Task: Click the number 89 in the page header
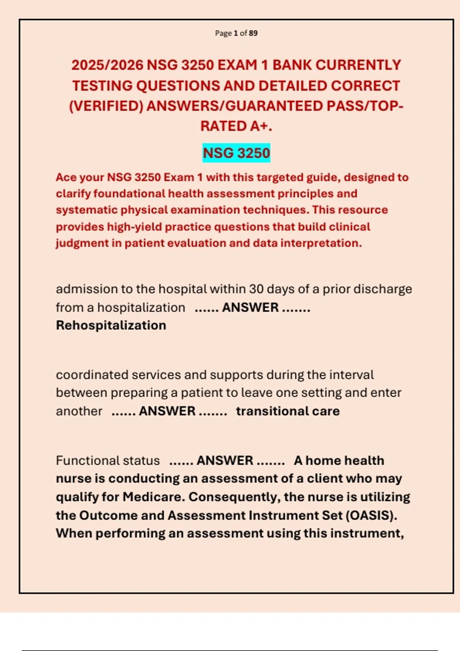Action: point(253,33)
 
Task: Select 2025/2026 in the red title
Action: point(107,65)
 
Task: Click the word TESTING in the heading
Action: point(102,86)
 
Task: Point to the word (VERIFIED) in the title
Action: point(106,106)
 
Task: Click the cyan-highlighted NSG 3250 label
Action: point(236,153)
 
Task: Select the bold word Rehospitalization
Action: point(111,325)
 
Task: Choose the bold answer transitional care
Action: point(288,411)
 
